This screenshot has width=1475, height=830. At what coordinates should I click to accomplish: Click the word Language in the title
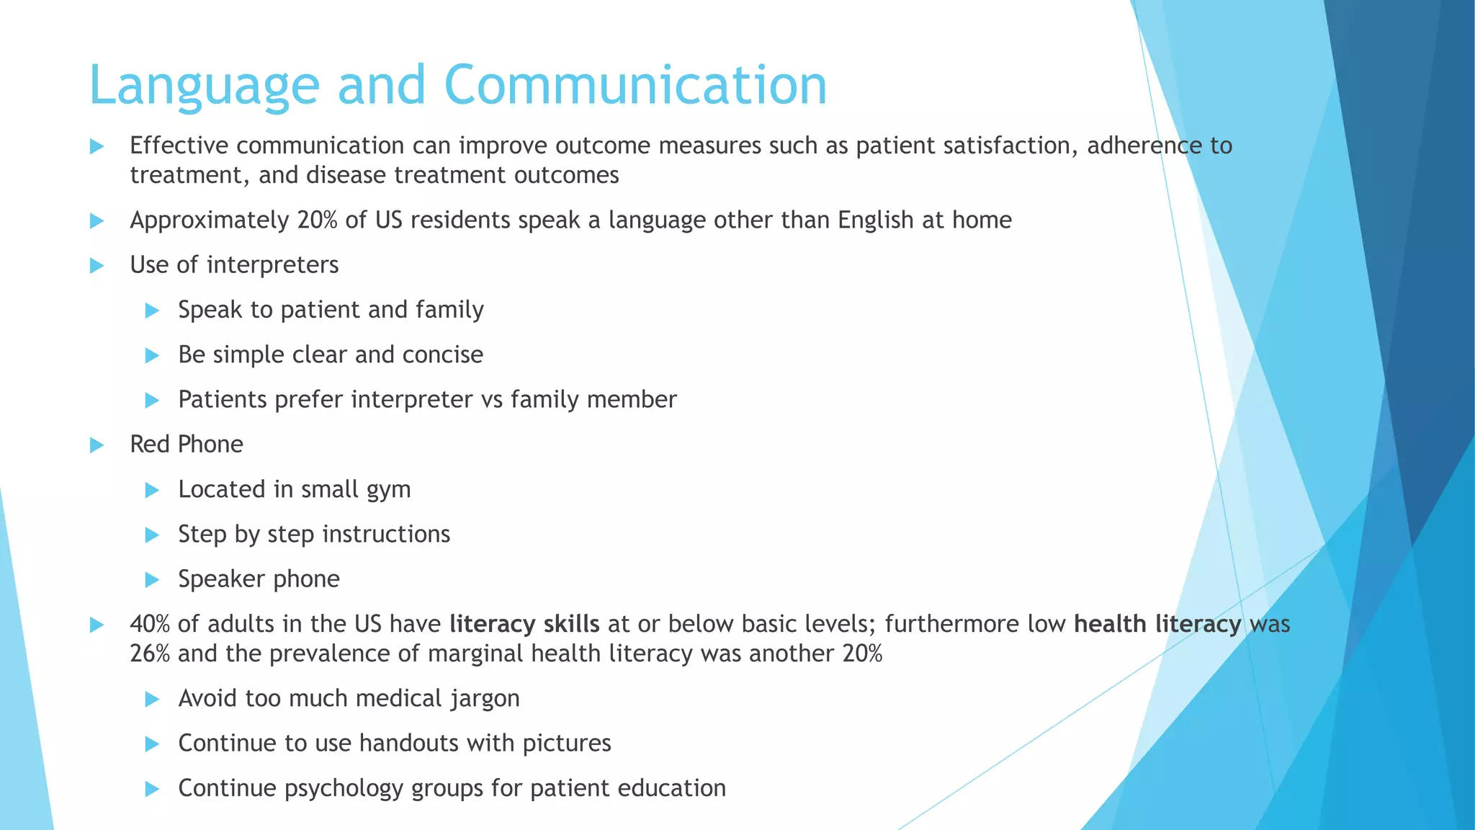(x=204, y=86)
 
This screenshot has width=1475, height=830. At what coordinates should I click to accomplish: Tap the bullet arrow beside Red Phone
(x=97, y=445)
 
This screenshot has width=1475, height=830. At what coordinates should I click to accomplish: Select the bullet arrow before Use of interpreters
(x=97, y=266)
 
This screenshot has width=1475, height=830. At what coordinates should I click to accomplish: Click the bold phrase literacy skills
(x=524, y=624)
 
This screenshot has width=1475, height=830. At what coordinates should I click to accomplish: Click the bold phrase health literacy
(x=1157, y=624)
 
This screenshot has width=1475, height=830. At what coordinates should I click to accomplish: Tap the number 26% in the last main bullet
(x=150, y=653)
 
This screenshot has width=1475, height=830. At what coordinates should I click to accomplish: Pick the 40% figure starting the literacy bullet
(x=150, y=624)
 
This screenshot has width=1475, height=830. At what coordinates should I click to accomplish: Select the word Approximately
(x=209, y=220)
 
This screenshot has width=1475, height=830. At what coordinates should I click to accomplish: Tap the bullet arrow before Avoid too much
(x=152, y=699)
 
